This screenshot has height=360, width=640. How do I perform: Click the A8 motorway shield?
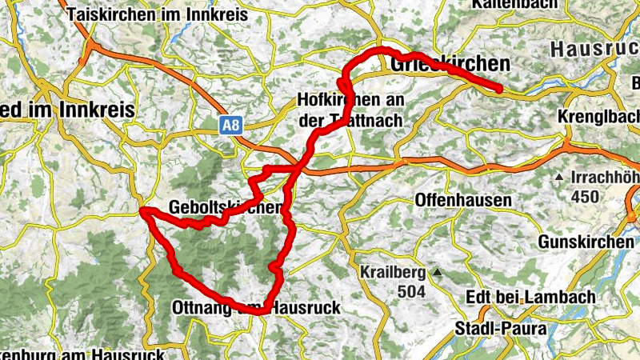coord(230,124)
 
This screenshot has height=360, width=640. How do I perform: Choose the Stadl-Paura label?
coord(500,329)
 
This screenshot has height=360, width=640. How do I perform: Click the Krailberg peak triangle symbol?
coord(437,274)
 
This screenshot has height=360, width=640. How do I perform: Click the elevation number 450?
coord(586,196)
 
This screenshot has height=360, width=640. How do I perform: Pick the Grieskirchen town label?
coord(450,63)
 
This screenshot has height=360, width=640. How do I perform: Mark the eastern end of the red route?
coord(500,89)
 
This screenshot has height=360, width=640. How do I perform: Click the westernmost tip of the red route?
coord(142,210)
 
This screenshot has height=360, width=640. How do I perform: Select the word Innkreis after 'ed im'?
coord(98,110)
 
